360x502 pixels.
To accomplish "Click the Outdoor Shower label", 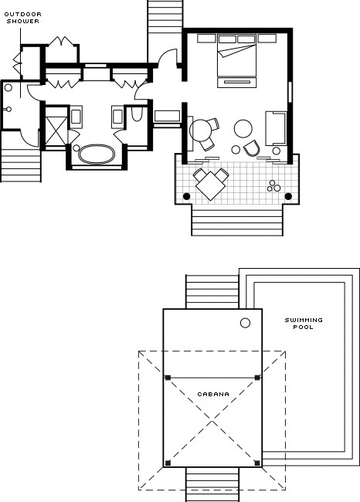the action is point(22,18).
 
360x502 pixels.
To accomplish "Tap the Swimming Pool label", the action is point(304,324).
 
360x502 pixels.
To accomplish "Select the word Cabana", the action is point(213,394).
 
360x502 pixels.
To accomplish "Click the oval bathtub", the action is point(97,154).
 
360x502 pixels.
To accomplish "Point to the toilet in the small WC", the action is point(137,114).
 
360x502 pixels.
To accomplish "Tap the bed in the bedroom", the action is point(236,56).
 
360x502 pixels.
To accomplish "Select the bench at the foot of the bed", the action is point(237,83).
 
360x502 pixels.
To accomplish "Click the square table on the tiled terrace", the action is point(210,186).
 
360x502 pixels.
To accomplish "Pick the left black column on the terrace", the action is point(186,196).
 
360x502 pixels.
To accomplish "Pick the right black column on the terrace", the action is point(288,196).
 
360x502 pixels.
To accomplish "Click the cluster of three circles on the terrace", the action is point(273,186).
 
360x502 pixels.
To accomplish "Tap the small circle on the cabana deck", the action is point(245,323).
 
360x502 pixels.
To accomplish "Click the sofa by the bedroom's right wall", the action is point(276,128).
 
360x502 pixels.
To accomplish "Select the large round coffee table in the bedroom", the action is point(243,129).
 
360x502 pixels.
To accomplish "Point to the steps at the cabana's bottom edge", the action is point(212,484).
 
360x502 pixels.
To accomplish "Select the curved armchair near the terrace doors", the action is point(251,148).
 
